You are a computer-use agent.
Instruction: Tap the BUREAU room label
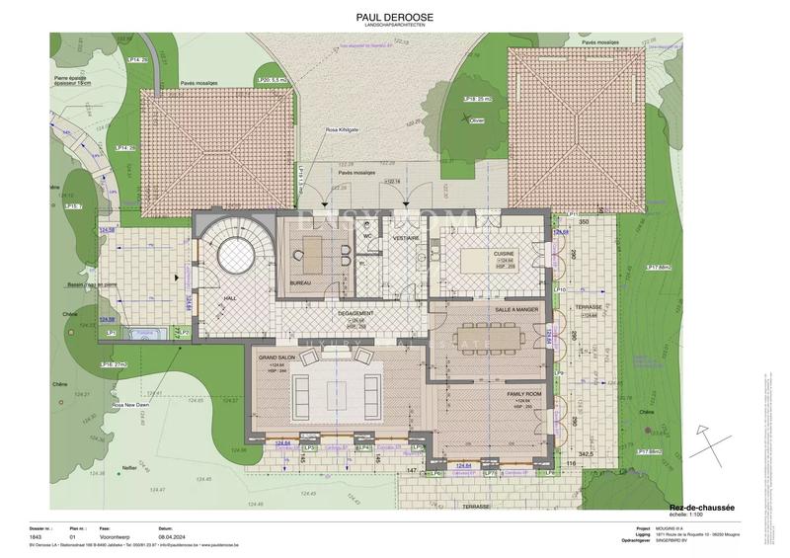[302, 282]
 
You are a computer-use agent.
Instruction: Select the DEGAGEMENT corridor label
[356, 312]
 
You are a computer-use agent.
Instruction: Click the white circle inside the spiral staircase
[236, 259]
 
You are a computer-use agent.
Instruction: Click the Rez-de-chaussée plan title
[701, 507]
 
